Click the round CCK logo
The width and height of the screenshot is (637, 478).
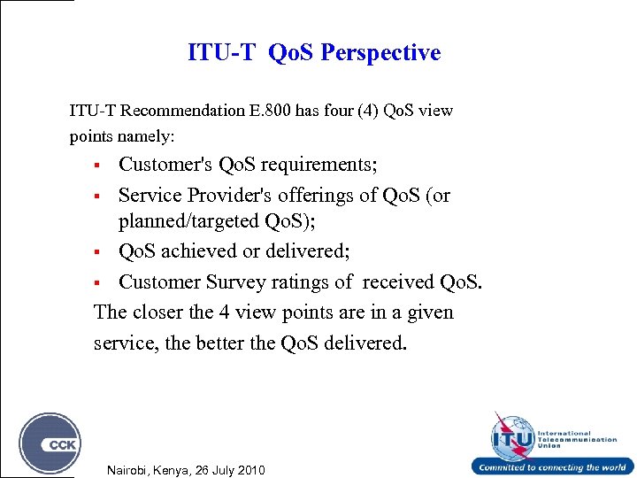click(x=50, y=443)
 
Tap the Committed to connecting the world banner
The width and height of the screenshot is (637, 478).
click(x=552, y=467)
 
